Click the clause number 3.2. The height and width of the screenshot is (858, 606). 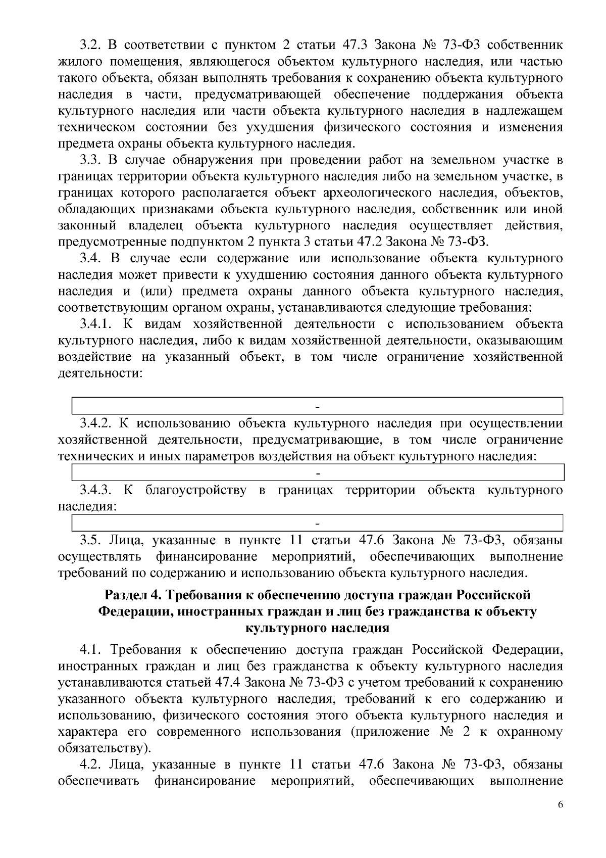tap(91, 45)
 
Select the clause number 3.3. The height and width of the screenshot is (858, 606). tap(91, 160)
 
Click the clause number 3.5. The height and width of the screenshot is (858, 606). tap(91, 540)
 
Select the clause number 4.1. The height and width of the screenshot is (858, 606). tap(91, 649)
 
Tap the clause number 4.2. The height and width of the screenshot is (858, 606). tap(91, 765)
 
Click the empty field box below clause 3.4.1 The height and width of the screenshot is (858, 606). tap(318, 406)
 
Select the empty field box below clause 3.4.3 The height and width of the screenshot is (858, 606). tap(318, 522)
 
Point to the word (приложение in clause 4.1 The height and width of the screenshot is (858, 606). tap(384, 732)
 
